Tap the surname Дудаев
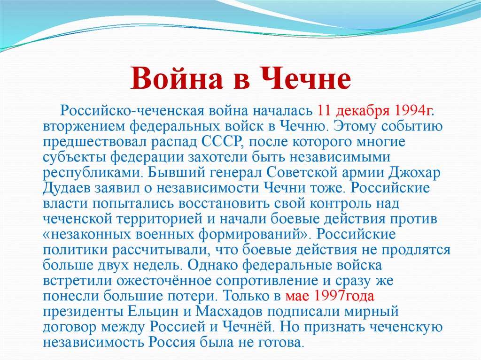click(68, 189)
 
